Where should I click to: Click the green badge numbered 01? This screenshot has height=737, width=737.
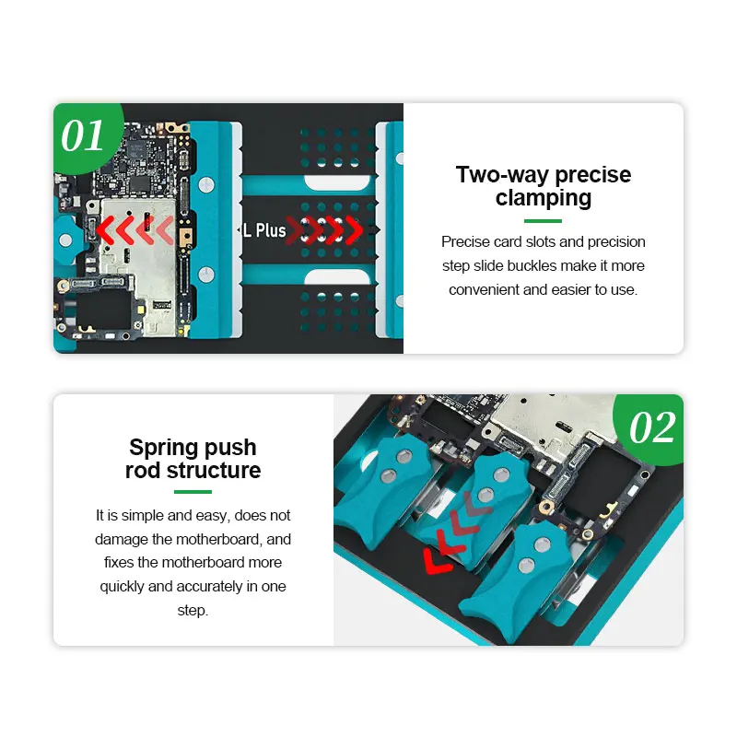[x=86, y=136]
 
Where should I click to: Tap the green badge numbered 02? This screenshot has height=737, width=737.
[x=650, y=428]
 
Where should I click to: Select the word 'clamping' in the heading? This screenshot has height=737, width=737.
[x=544, y=198]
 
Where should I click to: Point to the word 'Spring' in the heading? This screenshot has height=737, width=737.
[x=159, y=448]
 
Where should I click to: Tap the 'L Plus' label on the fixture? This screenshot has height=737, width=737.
[x=264, y=230]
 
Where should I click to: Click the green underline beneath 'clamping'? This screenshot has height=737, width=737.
[x=543, y=221]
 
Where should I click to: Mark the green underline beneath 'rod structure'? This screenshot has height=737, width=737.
[x=193, y=492]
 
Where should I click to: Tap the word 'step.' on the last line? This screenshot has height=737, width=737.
[x=193, y=611]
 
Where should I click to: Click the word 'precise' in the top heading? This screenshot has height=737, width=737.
[x=592, y=175]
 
